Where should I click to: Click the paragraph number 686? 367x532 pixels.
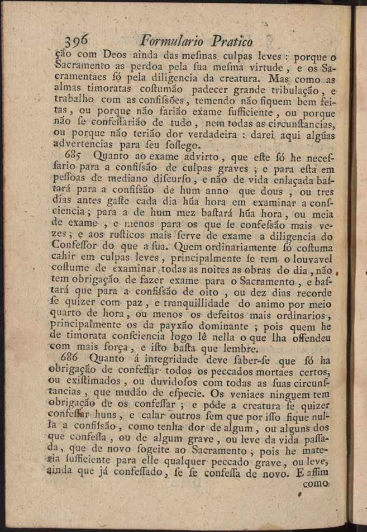tap(77, 358)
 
